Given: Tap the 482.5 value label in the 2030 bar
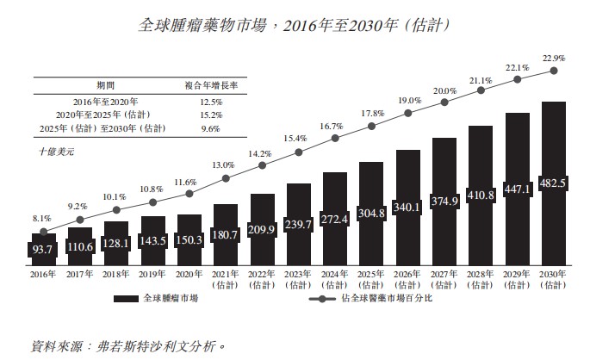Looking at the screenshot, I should point(553,183).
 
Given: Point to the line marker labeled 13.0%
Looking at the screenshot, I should point(226,178).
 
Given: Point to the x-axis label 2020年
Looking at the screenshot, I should point(189,274).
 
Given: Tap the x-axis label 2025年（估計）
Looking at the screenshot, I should point(371,278).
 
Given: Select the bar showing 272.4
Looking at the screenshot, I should point(335,220).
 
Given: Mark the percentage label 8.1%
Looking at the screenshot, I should point(44,218).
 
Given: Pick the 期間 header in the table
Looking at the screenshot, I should point(106,86).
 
